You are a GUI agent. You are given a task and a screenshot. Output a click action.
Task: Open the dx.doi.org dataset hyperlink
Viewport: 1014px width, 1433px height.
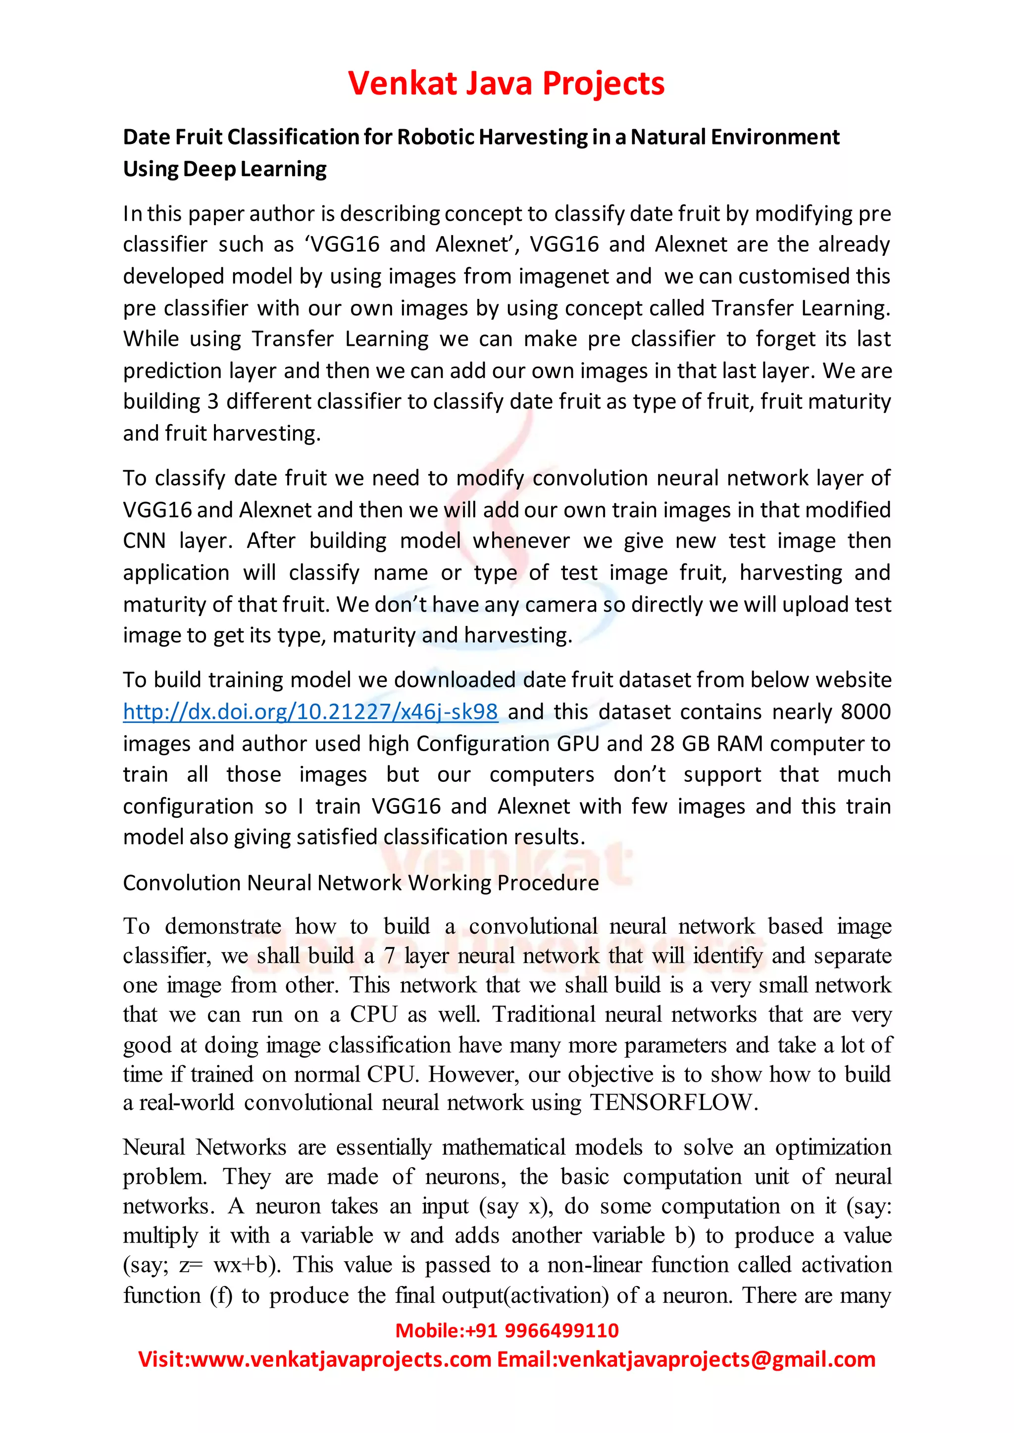point(310,712)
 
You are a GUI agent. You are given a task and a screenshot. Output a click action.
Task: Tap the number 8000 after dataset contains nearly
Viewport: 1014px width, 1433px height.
point(865,712)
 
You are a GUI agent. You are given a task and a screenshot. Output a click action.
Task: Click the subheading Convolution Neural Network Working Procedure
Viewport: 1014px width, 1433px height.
point(360,883)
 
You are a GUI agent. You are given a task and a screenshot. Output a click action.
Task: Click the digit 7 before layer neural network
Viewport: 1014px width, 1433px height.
point(389,956)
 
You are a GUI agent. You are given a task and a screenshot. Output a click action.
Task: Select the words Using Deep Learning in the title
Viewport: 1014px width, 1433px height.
point(224,169)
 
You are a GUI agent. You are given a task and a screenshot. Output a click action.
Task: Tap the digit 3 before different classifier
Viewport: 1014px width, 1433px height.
point(212,401)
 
